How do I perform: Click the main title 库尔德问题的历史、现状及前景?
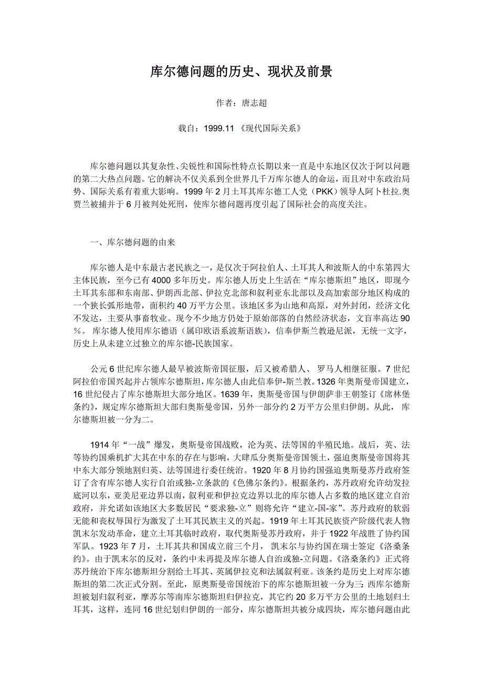(x=241, y=72)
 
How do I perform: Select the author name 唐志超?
(x=254, y=103)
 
